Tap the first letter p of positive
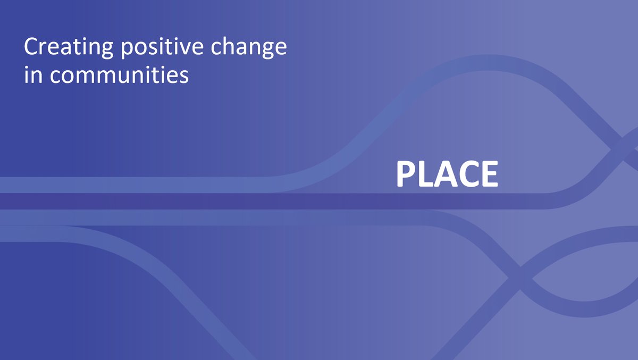point(126,51)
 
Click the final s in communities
point(184,76)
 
